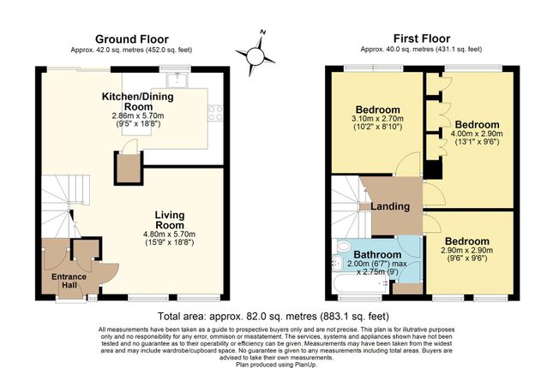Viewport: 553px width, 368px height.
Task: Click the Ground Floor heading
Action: [132, 39]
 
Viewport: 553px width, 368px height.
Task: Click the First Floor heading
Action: [422, 39]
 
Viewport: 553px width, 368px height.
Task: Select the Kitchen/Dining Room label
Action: [137, 102]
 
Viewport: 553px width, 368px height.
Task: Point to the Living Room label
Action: [170, 220]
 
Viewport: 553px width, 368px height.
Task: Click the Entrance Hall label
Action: [69, 281]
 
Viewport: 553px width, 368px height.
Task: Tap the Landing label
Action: [390, 206]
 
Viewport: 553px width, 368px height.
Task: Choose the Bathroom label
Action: [377, 254]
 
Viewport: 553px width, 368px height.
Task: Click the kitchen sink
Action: [177, 80]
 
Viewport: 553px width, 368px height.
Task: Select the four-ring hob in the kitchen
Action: [215, 113]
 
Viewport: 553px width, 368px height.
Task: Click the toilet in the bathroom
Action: [343, 246]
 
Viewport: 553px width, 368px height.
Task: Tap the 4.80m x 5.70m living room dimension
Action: [169, 234]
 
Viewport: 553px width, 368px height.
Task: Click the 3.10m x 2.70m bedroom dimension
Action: [378, 119]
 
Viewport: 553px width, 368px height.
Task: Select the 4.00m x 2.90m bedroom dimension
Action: [477, 134]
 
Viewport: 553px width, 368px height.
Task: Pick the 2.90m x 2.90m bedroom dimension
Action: [467, 251]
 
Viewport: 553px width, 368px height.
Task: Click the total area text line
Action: [273, 317]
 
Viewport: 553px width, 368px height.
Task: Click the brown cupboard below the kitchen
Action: [129, 168]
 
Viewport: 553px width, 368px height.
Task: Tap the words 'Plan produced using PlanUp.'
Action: [276, 365]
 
